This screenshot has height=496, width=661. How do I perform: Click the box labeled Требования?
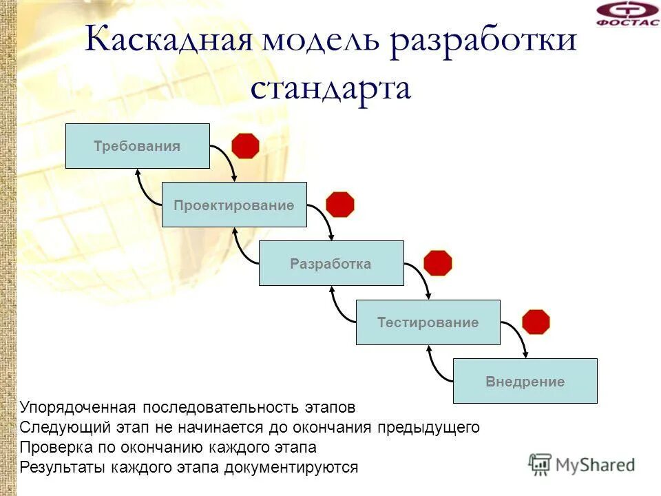(137, 146)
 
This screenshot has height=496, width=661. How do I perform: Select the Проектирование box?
(234, 205)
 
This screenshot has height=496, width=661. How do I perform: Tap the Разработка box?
(331, 263)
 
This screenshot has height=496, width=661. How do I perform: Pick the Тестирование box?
(428, 322)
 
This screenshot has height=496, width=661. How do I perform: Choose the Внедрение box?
(525, 381)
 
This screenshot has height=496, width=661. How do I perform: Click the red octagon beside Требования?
(245, 146)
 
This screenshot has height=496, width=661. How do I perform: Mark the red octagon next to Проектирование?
(340, 205)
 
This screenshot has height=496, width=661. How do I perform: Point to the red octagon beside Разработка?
(438, 263)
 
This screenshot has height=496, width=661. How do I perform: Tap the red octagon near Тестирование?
(536, 322)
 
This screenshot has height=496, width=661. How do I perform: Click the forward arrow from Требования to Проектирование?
(227, 156)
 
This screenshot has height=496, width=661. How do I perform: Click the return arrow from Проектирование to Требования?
(144, 190)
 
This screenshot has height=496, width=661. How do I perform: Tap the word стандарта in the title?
(330, 89)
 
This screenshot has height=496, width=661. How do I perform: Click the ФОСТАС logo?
(626, 13)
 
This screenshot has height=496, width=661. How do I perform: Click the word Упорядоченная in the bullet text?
(77, 408)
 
